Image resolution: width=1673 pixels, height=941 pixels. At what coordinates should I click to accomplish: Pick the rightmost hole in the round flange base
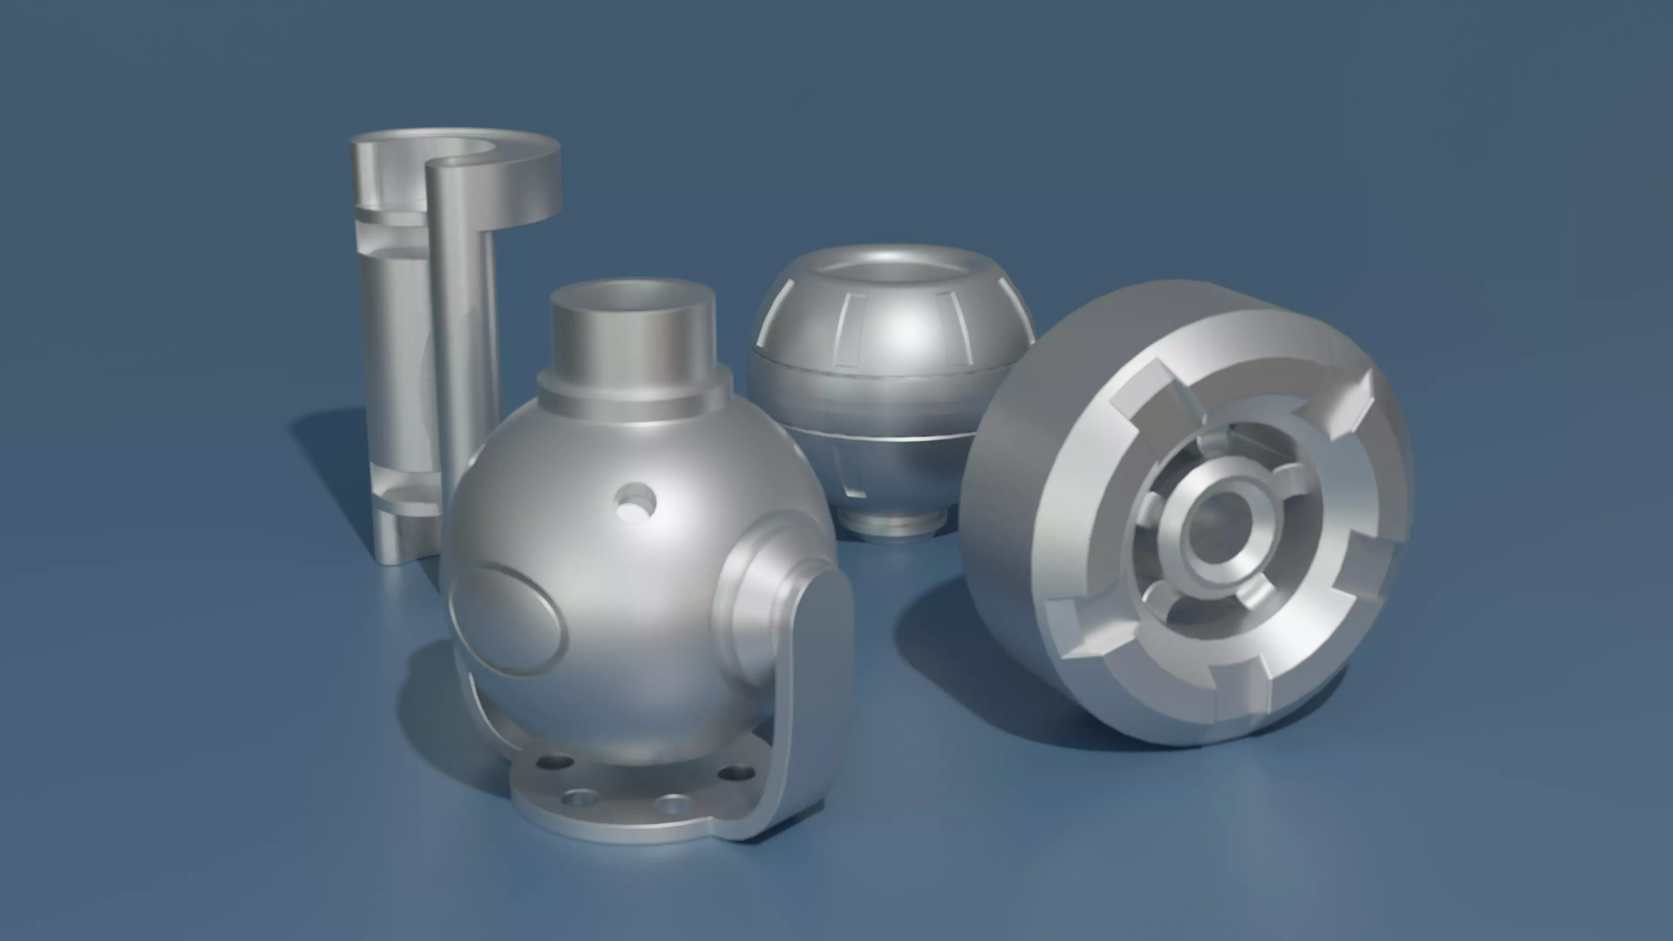pyautogui.click(x=738, y=773)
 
